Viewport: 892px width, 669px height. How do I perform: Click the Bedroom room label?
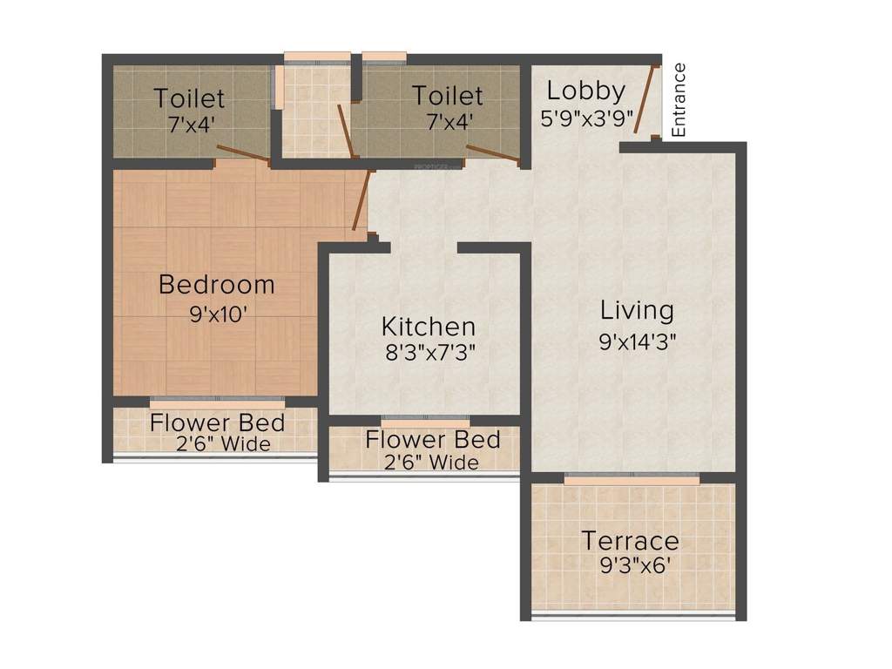coord(216,285)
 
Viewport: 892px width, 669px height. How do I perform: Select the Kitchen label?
coord(429,327)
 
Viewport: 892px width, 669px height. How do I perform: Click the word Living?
coord(638,310)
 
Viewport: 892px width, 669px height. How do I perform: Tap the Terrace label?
coord(630,540)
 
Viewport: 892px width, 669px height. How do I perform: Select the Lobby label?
coord(585,91)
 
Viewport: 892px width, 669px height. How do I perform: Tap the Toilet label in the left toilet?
coord(189,97)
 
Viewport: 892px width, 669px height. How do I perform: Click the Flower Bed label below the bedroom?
coord(217,423)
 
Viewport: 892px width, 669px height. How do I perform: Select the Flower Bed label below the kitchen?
coord(432,439)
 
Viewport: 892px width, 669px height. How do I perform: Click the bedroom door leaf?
coord(363,200)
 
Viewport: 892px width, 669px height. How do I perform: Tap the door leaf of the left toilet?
coord(242,153)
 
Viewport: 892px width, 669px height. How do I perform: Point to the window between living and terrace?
coord(632,477)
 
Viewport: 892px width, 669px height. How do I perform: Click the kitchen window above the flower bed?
coord(425,421)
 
